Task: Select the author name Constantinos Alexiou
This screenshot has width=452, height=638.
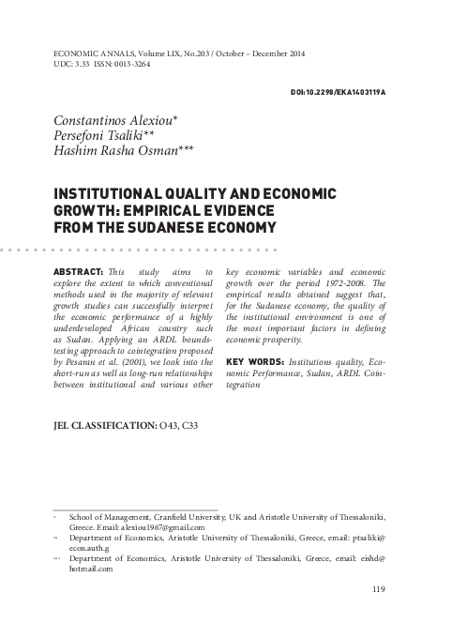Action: click(101, 123)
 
